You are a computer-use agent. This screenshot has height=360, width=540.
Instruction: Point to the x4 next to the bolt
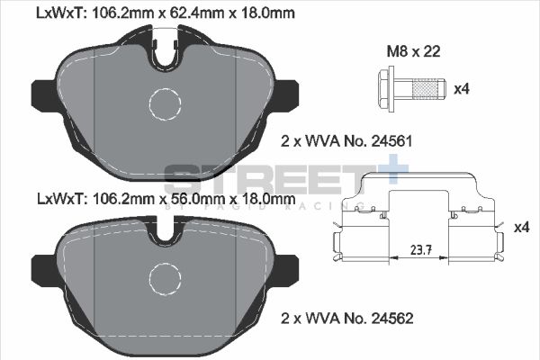point(462,90)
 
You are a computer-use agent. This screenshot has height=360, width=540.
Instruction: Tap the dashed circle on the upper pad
point(165,104)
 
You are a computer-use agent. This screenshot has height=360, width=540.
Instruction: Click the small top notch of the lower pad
point(165,235)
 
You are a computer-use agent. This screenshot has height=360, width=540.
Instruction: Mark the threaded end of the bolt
point(427,90)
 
